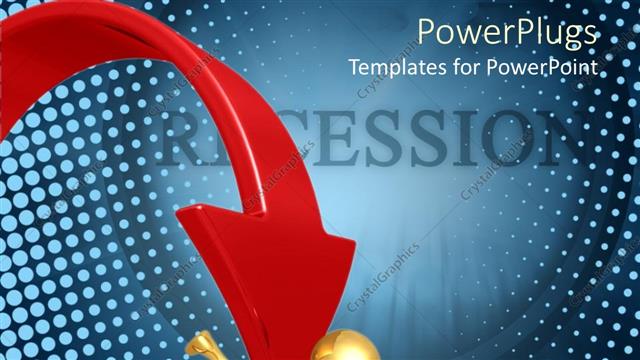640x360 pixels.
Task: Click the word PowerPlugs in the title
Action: (x=507, y=32)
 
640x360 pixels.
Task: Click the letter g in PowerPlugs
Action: (x=568, y=36)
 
